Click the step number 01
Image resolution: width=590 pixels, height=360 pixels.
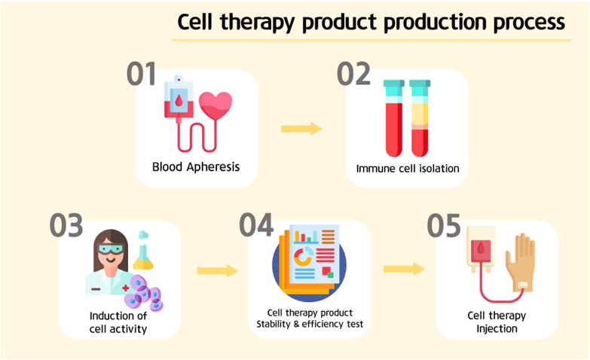click(141, 74)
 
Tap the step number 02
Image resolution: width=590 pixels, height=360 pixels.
click(353, 74)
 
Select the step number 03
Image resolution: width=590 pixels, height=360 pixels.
click(66, 225)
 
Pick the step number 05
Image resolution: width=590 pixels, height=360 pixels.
click(444, 225)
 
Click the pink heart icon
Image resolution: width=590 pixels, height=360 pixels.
click(216, 105)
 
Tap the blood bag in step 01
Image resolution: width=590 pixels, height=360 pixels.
click(179, 97)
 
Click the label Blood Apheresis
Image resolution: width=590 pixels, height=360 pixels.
click(196, 166)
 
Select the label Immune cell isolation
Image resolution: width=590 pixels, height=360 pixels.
click(408, 169)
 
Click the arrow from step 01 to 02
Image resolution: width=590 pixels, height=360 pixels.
click(301, 129)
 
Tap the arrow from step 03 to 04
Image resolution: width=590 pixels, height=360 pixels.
click(218, 270)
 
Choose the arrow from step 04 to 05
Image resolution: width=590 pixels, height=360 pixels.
click(404, 269)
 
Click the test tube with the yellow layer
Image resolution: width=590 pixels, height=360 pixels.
click(420, 118)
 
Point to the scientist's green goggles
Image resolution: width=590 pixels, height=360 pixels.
click(111, 249)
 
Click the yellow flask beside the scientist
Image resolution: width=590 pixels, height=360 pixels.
click(143, 251)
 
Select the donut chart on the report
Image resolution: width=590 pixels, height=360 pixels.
click(303, 256)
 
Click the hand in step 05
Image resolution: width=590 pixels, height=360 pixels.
click(521, 262)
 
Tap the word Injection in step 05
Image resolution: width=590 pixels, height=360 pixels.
click(497, 329)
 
